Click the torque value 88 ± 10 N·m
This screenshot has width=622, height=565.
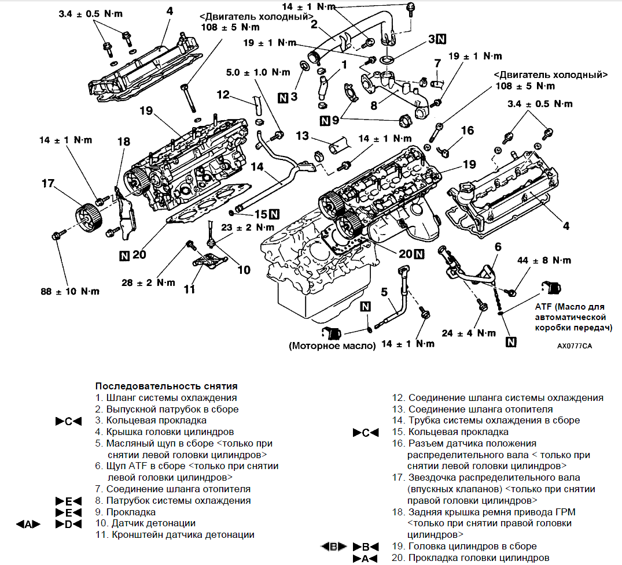pos(70,292)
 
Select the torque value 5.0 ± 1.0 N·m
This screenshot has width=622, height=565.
pos(258,72)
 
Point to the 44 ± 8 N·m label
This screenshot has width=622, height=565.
pos(544,261)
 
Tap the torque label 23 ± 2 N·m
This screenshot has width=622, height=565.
pos(248,228)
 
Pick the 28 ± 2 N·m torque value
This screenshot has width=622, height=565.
pos(148,282)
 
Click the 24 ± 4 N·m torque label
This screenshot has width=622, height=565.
pos(469,333)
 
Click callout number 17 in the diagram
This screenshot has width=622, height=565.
pos(48,183)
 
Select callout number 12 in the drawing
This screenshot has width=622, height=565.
pos(223,95)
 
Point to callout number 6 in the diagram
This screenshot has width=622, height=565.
pos(498,247)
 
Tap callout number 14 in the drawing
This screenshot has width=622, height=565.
pos(257,167)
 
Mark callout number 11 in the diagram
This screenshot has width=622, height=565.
pos(190,289)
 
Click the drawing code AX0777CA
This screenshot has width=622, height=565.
pos(575,346)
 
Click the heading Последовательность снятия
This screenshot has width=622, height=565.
pos(167,386)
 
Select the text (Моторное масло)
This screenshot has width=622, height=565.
pos(332,345)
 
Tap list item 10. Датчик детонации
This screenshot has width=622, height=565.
pos(145,523)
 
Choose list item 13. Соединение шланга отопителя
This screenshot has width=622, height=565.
pos(472,409)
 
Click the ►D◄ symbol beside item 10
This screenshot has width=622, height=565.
pos(68,524)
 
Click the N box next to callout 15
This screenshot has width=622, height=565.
pos(274,214)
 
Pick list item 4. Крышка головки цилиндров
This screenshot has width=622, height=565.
pos(165,432)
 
